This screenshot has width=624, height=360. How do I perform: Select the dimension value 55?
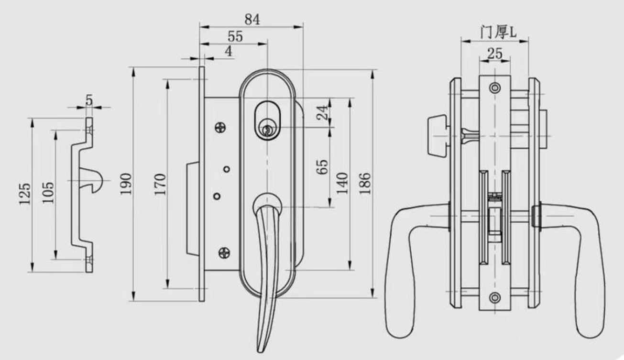tap(235, 36)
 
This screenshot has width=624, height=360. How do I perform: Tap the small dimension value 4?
tap(229, 52)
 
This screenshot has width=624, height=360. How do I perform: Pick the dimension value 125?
tap(25, 193)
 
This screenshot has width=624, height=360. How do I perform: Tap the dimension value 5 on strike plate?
tap(89, 100)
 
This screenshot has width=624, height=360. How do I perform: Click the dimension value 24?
tap(323, 112)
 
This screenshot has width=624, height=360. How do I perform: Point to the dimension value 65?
tap(323, 167)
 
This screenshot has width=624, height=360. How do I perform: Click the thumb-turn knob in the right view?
tap(437, 136)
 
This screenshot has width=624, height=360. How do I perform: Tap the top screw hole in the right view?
tap(495, 88)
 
